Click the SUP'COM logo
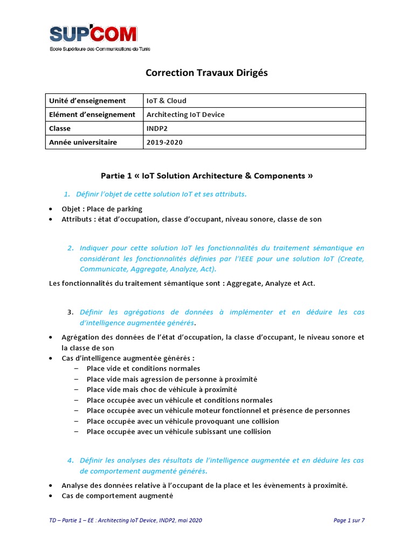click(100, 38)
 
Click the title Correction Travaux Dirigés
click(206, 73)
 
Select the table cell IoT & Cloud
click(167, 101)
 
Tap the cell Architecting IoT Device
click(185, 114)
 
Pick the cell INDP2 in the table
click(157, 129)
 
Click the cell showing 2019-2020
click(165, 142)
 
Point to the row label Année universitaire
click(83, 142)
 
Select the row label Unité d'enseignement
click(87, 101)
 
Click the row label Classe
click(60, 129)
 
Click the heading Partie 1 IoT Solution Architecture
click(207, 176)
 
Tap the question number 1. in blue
click(67, 194)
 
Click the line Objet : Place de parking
click(102, 209)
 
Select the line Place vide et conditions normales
click(143, 369)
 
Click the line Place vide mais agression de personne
click(171, 379)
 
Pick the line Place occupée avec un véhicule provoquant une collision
click(182, 421)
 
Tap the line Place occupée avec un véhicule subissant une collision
click(178, 431)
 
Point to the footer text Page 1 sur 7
click(349, 520)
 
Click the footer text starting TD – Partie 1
click(126, 520)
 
